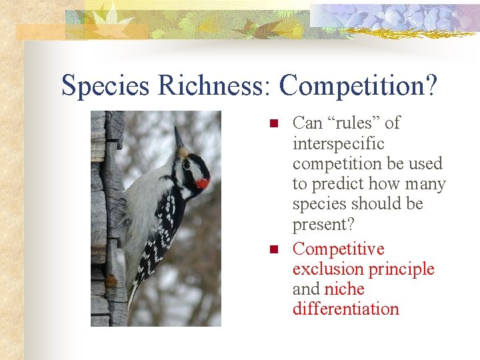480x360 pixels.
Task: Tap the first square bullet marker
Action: point(272,124)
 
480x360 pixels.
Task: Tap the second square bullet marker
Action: point(272,250)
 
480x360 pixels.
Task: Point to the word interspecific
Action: point(339,143)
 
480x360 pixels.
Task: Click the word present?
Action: point(325,224)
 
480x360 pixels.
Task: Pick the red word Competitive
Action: point(339,249)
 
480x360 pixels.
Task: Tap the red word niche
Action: point(344,289)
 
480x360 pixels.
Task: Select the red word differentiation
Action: point(345,309)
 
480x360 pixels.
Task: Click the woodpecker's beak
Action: point(179,138)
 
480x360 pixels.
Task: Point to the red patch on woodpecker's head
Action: point(202,183)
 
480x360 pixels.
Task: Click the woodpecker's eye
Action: point(188,164)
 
